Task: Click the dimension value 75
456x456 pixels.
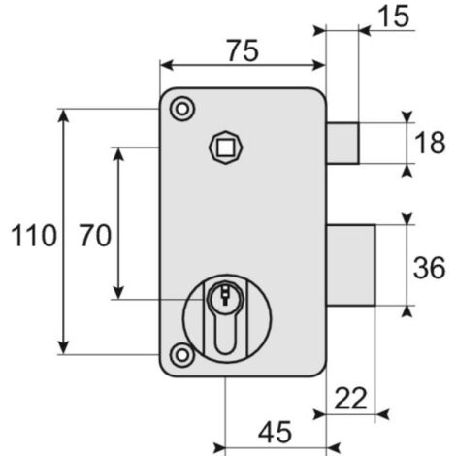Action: click(x=243, y=50)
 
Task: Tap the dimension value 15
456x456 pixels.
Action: click(x=394, y=16)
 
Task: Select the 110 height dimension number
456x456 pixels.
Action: click(x=34, y=236)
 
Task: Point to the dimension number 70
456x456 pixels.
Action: click(x=96, y=236)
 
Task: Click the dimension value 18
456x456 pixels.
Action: click(x=430, y=143)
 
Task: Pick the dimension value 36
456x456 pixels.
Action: click(x=430, y=268)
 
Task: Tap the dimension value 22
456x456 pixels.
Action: click(x=351, y=399)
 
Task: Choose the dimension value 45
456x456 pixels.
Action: click(x=276, y=432)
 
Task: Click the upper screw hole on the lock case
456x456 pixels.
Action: click(x=182, y=109)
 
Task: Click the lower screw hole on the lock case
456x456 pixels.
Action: click(x=182, y=355)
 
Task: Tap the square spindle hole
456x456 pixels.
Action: click(x=225, y=147)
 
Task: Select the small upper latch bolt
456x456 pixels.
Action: click(x=342, y=144)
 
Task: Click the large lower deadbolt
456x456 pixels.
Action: click(x=351, y=265)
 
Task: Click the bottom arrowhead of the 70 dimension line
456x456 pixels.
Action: click(x=118, y=292)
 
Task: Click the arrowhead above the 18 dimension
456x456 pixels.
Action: click(x=407, y=116)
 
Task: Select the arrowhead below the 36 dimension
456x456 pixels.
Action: click(x=407, y=311)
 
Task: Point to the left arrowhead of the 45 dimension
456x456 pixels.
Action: click(x=219, y=448)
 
